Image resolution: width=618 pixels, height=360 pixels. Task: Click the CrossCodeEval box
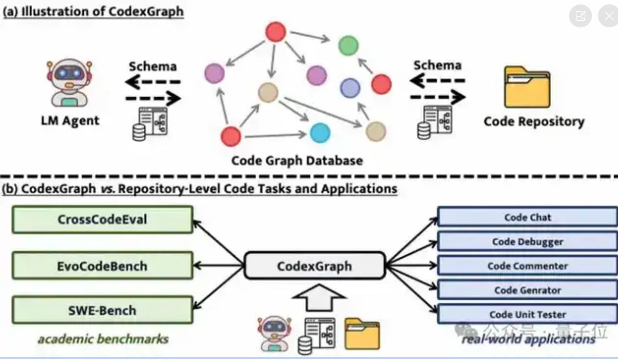point(102,220)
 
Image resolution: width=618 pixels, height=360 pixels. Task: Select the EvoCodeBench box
point(102,266)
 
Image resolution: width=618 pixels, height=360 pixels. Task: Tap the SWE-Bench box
point(102,310)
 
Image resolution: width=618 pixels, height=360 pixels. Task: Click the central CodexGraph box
point(315,265)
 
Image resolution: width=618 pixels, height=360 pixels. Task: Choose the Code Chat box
point(528,217)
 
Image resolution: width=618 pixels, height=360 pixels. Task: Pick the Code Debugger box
point(528,241)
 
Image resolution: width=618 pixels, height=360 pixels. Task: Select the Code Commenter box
point(528,266)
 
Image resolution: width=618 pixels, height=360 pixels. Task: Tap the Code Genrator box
point(528,290)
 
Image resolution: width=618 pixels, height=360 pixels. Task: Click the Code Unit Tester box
point(528,315)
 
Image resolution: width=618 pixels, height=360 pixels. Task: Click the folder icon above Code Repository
point(527,87)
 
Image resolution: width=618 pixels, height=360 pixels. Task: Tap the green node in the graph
point(348,45)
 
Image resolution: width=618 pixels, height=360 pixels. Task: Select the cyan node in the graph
point(320,133)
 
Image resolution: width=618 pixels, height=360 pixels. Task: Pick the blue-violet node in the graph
point(350,88)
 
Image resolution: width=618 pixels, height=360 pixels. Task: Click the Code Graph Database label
point(297,160)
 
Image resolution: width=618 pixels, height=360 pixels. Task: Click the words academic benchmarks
point(103,339)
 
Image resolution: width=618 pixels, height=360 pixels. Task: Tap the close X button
point(608,16)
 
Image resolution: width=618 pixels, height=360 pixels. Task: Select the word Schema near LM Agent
point(152,66)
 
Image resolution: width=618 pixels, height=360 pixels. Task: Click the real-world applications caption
point(528,339)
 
